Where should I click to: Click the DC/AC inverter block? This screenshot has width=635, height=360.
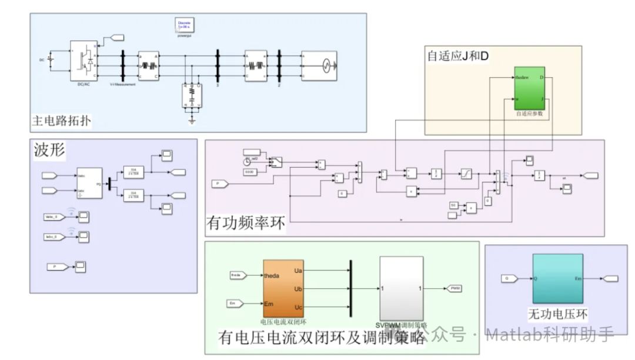coord(83,61)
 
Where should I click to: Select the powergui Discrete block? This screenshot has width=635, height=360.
coord(185,25)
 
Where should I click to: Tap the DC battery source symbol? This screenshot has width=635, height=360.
coord(51,60)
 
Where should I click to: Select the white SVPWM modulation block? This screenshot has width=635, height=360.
coord(401,288)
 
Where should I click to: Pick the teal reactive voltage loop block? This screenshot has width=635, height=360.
coord(557,278)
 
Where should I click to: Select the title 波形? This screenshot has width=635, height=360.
coord(49,152)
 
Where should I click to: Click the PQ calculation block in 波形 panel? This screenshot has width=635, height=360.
coord(89,183)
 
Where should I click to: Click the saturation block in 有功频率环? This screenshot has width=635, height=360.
coord(465,174)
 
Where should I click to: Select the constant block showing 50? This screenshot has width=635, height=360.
coord(453,205)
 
